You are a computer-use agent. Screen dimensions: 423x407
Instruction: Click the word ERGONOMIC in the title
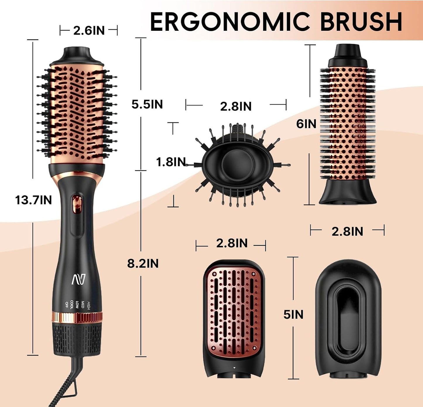point(230,22)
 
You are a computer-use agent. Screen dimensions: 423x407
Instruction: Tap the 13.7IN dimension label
point(33,200)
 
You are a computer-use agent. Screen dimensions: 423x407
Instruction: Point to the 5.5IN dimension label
point(147,104)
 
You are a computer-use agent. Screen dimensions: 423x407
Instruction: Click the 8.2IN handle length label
point(143,263)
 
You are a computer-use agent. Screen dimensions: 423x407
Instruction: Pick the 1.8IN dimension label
point(171,162)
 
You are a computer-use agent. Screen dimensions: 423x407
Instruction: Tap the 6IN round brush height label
point(306,124)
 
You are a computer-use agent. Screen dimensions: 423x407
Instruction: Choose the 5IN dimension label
point(293,314)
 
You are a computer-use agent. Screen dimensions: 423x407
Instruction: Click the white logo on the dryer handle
point(78,279)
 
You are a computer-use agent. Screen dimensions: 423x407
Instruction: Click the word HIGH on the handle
point(89,306)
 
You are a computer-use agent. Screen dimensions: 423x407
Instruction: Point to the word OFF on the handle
point(66,304)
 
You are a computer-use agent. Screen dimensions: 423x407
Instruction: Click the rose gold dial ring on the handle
point(77,317)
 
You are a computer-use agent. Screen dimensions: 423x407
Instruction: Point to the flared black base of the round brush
point(347,194)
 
